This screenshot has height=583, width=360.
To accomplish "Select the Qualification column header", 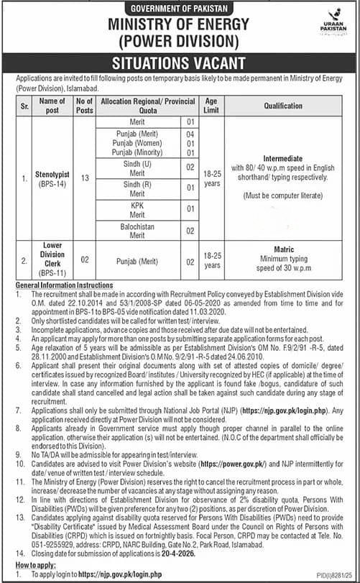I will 282,106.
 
